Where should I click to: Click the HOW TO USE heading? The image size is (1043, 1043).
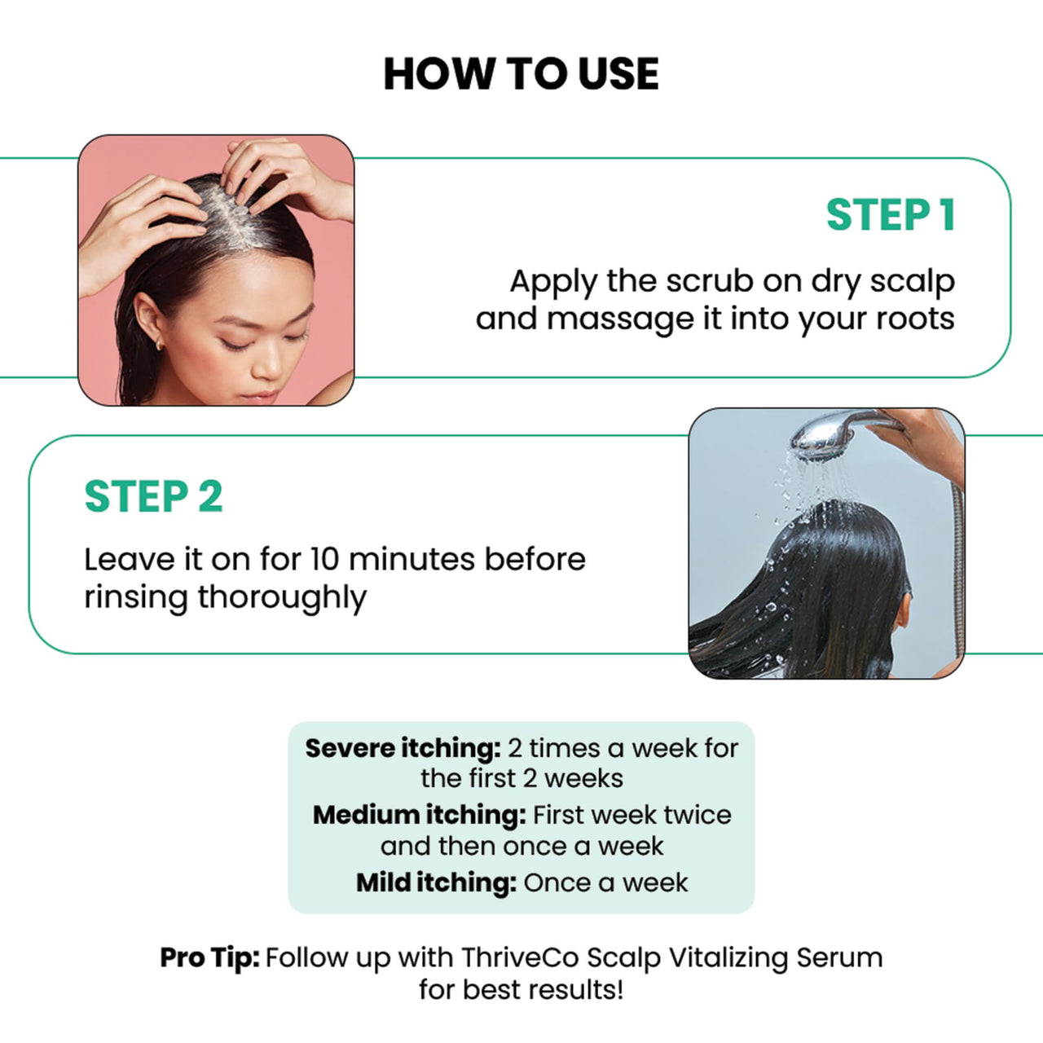(521, 74)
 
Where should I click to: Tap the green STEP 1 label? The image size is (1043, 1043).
(891, 216)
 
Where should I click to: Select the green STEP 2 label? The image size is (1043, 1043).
(153, 497)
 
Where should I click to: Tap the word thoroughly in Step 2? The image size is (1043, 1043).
(282, 598)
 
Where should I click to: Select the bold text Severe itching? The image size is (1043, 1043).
(403, 748)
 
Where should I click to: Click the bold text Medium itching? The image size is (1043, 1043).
(419, 815)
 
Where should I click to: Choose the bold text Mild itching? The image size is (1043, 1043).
(436, 882)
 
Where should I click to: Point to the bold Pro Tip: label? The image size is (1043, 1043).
(209, 957)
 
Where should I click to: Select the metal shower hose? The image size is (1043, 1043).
(958, 570)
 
